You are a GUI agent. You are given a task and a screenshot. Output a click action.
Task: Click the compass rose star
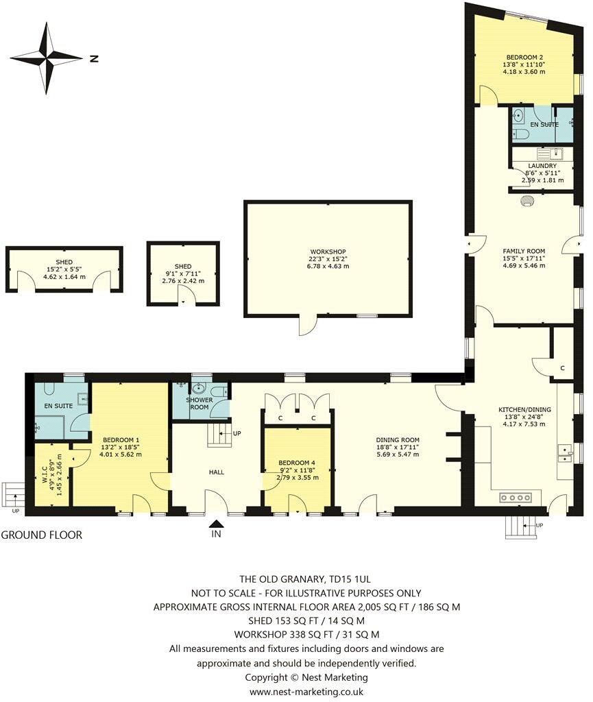(x=47, y=58)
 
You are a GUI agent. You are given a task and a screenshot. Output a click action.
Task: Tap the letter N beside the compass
(x=94, y=58)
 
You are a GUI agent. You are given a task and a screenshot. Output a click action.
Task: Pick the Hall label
(x=217, y=472)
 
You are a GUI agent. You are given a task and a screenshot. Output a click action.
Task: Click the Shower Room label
(x=199, y=407)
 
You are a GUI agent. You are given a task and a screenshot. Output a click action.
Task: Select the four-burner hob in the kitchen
(x=516, y=497)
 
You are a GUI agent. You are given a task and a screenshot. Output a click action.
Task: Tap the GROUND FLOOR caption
(x=42, y=535)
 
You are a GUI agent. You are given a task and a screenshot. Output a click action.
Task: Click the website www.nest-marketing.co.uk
(x=306, y=692)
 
